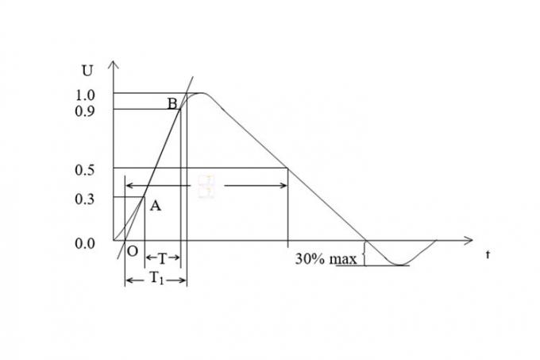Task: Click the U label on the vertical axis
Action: click(x=87, y=69)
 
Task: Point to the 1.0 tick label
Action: click(x=85, y=95)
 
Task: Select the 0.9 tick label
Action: click(x=85, y=110)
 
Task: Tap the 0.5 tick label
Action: click(x=85, y=169)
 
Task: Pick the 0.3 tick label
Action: click(x=85, y=199)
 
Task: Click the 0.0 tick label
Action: click(x=85, y=244)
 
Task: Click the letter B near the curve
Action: click(x=172, y=103)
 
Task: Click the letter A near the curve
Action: click(x=156, y=206)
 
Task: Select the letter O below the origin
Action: click(x=132, y=250)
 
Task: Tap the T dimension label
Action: click(x=162, y=259)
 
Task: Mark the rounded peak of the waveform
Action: click(x=202, y=94)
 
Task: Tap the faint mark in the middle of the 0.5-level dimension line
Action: click(x=206, y=187)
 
